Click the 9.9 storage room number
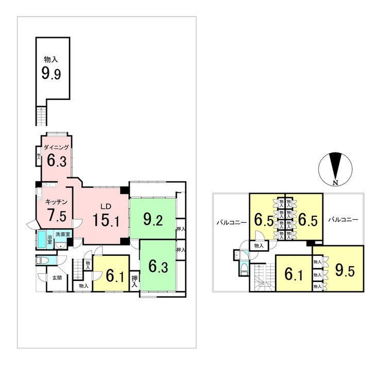click(51, 74)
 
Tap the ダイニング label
click(56, 147)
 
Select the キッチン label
click(54, 202)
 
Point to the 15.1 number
click(106, 221)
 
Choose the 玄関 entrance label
click(57, 278)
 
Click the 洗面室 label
click(64, 235)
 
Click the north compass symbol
click(335, 169)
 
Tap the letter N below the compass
click(335, 183)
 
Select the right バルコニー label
click(343, 219)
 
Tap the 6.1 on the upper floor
click(294, 273)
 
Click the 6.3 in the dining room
click(56, 161)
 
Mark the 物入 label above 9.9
click(51, 60)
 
